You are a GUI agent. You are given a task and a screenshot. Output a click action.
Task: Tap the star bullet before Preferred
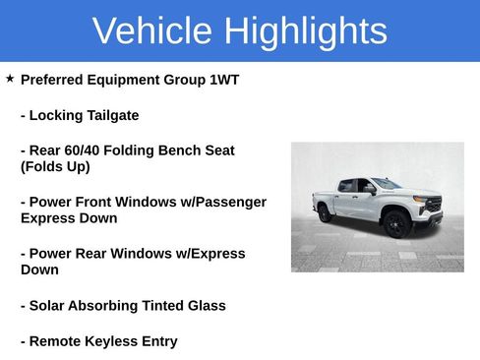point(10,78)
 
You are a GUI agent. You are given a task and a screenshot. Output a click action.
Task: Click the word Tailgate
point(110,115)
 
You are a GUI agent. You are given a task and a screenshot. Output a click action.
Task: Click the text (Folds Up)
point(55,166)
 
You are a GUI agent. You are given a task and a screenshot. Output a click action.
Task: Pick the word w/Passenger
point(217,202)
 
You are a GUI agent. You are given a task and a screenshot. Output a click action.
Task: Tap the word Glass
point(205,306)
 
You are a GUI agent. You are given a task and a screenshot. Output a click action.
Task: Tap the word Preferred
point(57,80)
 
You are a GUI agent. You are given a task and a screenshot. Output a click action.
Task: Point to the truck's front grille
point(432,206)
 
